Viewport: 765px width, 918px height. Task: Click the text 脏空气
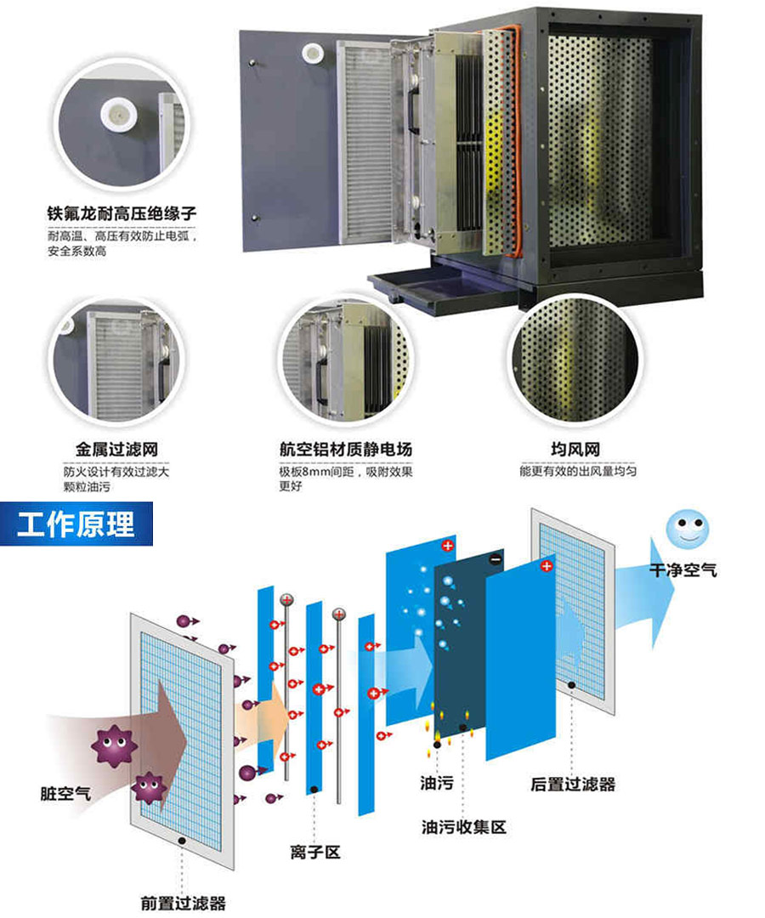click(x=65, y=793)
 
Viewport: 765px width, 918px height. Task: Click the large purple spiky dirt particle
click(x=114, y=745)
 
